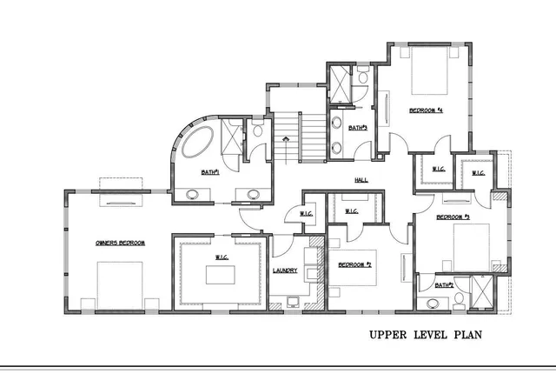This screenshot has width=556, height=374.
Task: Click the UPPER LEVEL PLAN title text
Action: (x=425, y=335)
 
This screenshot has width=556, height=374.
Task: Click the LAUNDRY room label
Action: (x=285, y=270)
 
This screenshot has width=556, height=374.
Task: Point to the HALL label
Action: (x=361, y=180)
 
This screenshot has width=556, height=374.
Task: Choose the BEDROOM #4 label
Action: (x=427, y=110)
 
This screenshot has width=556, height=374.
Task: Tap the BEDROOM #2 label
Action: (x=354, y=263)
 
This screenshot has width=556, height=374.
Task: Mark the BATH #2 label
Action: (x=443, y=284)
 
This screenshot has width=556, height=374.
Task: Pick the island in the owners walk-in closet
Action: (x=221, y=274)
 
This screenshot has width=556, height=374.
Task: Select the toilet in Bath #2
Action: (x=456, y=299)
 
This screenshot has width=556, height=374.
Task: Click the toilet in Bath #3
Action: (x=361, y=78)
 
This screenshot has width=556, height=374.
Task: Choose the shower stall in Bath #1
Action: (x=232, y=137)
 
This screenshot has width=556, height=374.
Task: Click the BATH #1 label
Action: (x=209, y=172)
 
